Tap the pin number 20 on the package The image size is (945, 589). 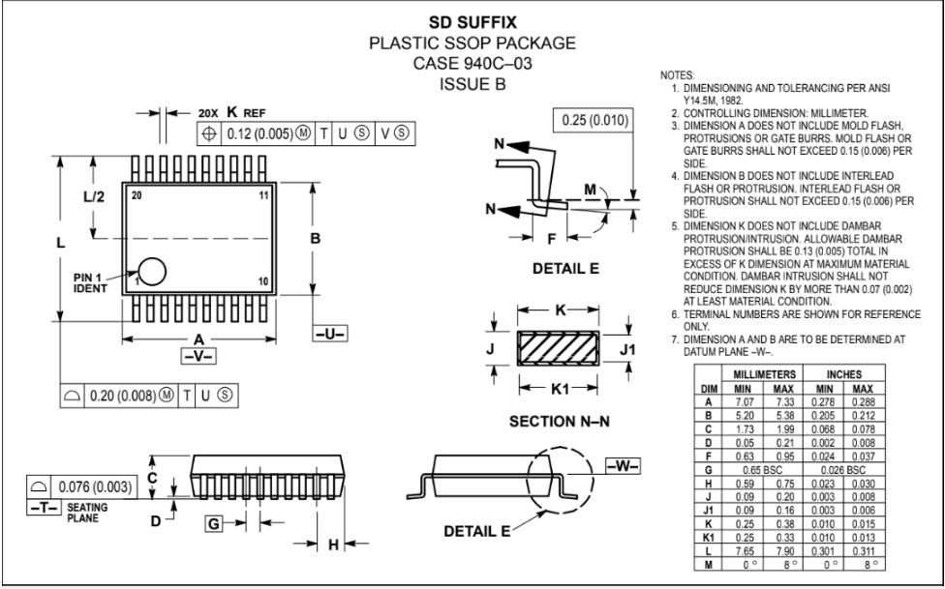137,195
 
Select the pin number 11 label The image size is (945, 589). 264,195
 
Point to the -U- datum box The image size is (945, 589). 330,333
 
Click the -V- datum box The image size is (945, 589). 198,356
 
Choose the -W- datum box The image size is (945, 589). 624,465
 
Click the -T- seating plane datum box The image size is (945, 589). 43,507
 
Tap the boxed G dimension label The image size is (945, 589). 214,524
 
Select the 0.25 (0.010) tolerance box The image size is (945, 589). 594,120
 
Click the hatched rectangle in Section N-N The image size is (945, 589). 558,348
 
